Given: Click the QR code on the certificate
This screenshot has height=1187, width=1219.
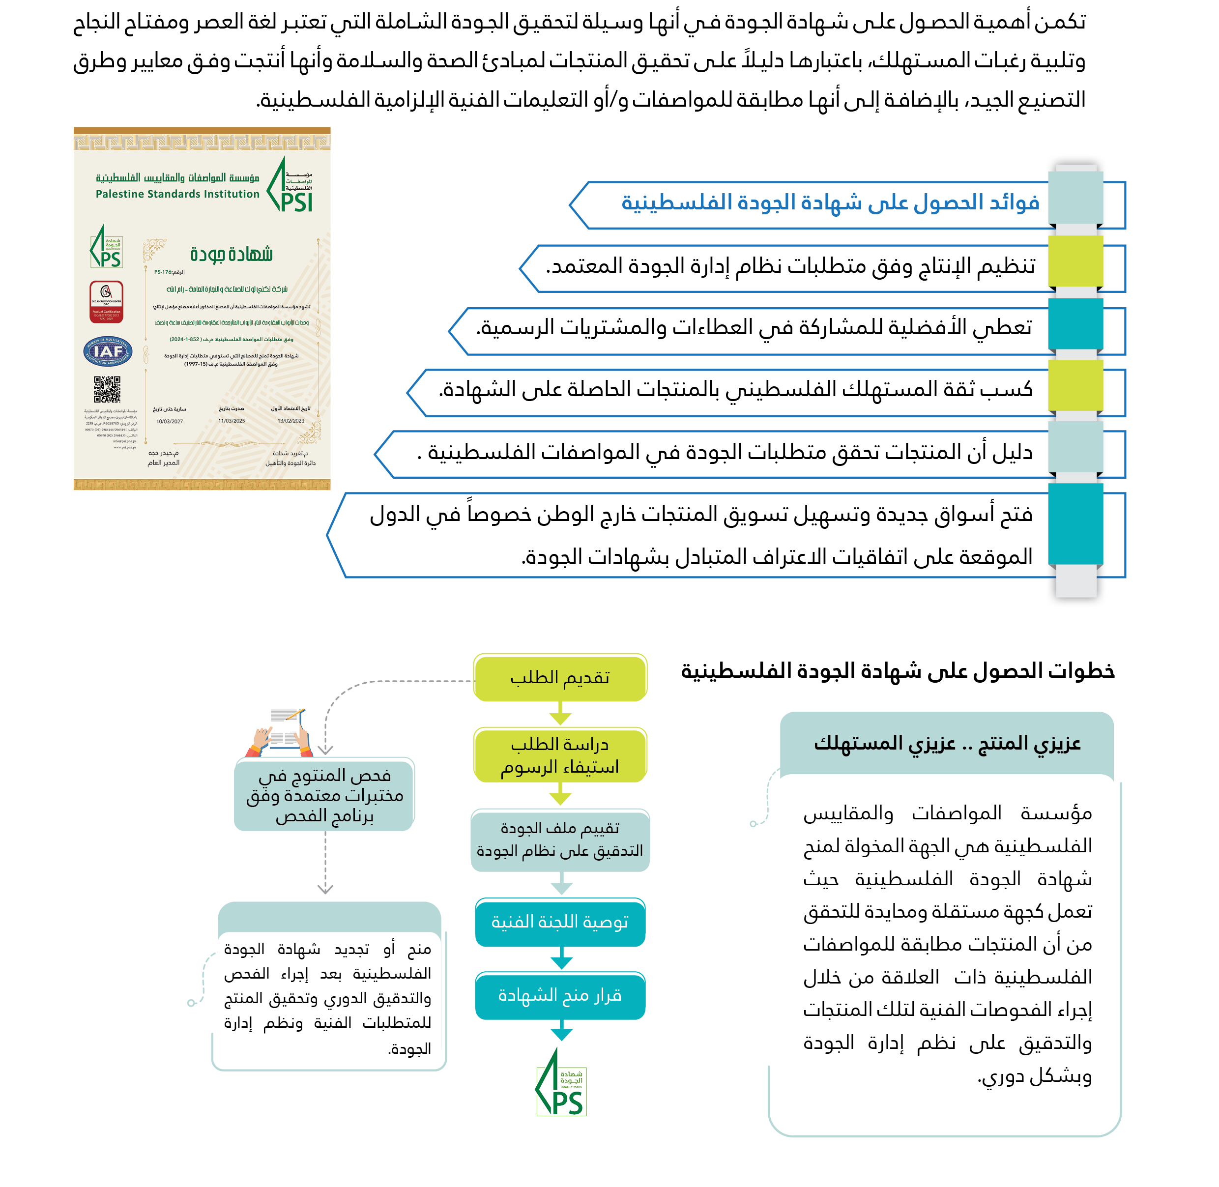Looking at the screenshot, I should [x=107, y=389].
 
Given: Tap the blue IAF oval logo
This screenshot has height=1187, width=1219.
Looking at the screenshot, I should [x=107, y=351].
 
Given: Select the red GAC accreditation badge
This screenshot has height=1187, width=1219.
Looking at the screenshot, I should [x=106, y=302].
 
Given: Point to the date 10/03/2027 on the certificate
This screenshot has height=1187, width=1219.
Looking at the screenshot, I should [x=170, y=421].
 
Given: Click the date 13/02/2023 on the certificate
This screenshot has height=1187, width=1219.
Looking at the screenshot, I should [x=290, y=421].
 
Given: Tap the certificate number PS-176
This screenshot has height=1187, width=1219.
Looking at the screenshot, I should [x=169, y=272].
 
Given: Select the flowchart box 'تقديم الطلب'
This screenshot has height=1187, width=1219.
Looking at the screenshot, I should [x=560, y=678].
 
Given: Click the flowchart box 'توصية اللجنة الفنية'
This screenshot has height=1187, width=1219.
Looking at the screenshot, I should [x=560, y=922].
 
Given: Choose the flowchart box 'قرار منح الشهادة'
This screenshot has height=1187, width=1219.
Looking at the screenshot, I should [x=560, y=996].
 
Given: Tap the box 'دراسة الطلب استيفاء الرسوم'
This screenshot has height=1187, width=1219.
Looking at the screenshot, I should [x=560, y=755].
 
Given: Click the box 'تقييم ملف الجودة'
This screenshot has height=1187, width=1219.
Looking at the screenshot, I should [x=560, y=839].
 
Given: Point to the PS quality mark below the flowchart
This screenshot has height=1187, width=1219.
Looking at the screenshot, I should [x=561, y=1085].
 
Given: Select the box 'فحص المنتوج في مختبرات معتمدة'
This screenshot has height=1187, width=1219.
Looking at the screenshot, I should [x=324, y=795].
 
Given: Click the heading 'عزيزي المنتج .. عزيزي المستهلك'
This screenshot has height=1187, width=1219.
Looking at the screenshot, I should [x=947, y=743].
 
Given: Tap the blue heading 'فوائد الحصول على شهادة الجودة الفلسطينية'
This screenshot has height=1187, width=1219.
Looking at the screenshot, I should [x=830, y=203].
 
